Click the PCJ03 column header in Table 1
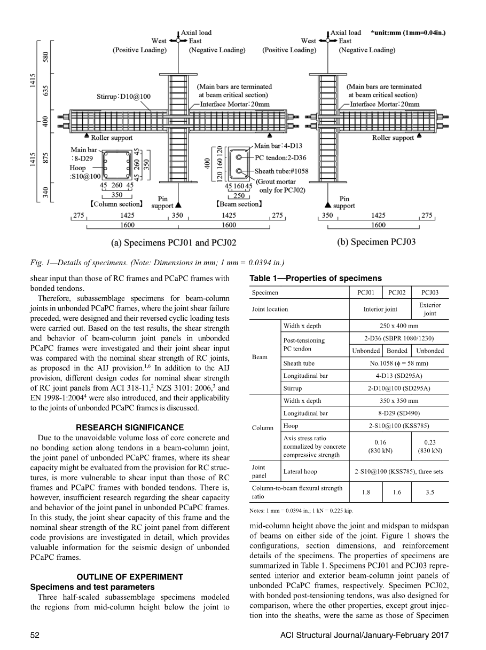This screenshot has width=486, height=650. coord(430,292)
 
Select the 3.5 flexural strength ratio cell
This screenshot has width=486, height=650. coord(430,492)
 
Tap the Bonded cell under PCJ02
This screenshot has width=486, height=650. coord(397,351)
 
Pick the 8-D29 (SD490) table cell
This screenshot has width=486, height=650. coord(399,413)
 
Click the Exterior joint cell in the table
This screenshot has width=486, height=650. coord(430,309)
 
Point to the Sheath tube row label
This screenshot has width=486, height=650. coord(299,363)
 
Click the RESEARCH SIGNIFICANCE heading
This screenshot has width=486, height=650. coord(130,427)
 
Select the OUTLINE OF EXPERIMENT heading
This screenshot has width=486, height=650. coord(130,577)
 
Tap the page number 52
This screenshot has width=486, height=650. coord(35,635)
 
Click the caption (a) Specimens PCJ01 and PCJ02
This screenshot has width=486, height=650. coord(174,243)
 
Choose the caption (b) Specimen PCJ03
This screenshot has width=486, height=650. coord(377,242)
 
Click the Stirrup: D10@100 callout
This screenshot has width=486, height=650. coord(123,97)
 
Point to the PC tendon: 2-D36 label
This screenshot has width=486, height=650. coord(280,157)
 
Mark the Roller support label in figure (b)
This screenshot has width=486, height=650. coord(393,138)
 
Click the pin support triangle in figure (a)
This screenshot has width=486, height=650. coord(178,205)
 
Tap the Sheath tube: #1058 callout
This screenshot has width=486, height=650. coord(281,171)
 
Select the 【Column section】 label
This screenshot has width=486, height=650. coord(116,204)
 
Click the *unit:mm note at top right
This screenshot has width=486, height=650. coord(408,33)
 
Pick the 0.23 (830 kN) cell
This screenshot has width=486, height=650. coord(430,447)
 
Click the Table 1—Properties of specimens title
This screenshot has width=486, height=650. coord(316,278)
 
